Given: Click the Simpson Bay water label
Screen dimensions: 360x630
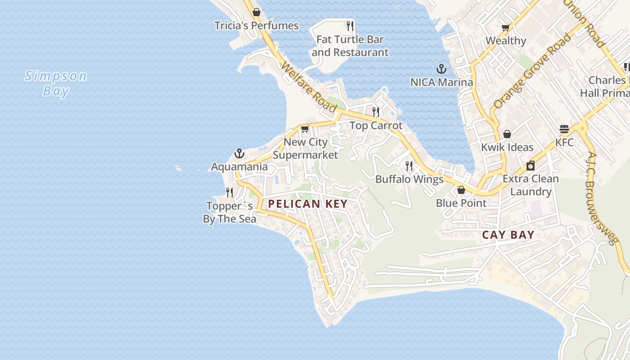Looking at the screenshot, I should (x=56, y=83).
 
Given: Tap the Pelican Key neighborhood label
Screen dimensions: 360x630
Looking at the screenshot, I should (x=308, y=204).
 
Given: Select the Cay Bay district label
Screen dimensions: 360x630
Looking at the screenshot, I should (x=508, y=235).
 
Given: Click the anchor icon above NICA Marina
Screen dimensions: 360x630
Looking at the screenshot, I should (x=441, y=69).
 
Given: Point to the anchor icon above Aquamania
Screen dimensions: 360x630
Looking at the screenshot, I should (x=239, y=154).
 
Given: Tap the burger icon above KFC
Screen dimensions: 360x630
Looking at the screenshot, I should (x=564, y=129).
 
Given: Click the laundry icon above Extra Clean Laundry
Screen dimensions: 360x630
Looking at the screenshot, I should (x=531, y=166).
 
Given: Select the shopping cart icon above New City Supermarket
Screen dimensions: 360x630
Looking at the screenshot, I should (x=305, y=129).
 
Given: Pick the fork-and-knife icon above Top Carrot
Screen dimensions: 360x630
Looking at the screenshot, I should (x=376, y=112).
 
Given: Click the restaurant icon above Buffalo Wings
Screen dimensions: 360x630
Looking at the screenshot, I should (x=409, y=166).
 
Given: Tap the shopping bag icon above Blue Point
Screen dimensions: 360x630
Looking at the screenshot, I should (x=461, y=190).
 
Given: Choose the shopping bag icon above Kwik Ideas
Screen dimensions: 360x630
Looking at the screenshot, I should (x=507, y=134).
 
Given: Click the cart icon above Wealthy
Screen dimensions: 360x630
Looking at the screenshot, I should (x=506, y=27).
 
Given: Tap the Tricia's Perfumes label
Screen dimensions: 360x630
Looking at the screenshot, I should (x=256, y=26).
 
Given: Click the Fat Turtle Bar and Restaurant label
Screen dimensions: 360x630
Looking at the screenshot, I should (x=350, y=46).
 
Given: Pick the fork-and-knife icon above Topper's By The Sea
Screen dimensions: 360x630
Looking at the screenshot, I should (x=229, y=193).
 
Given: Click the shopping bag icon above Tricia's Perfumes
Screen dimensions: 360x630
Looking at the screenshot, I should (x=256, y=12).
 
